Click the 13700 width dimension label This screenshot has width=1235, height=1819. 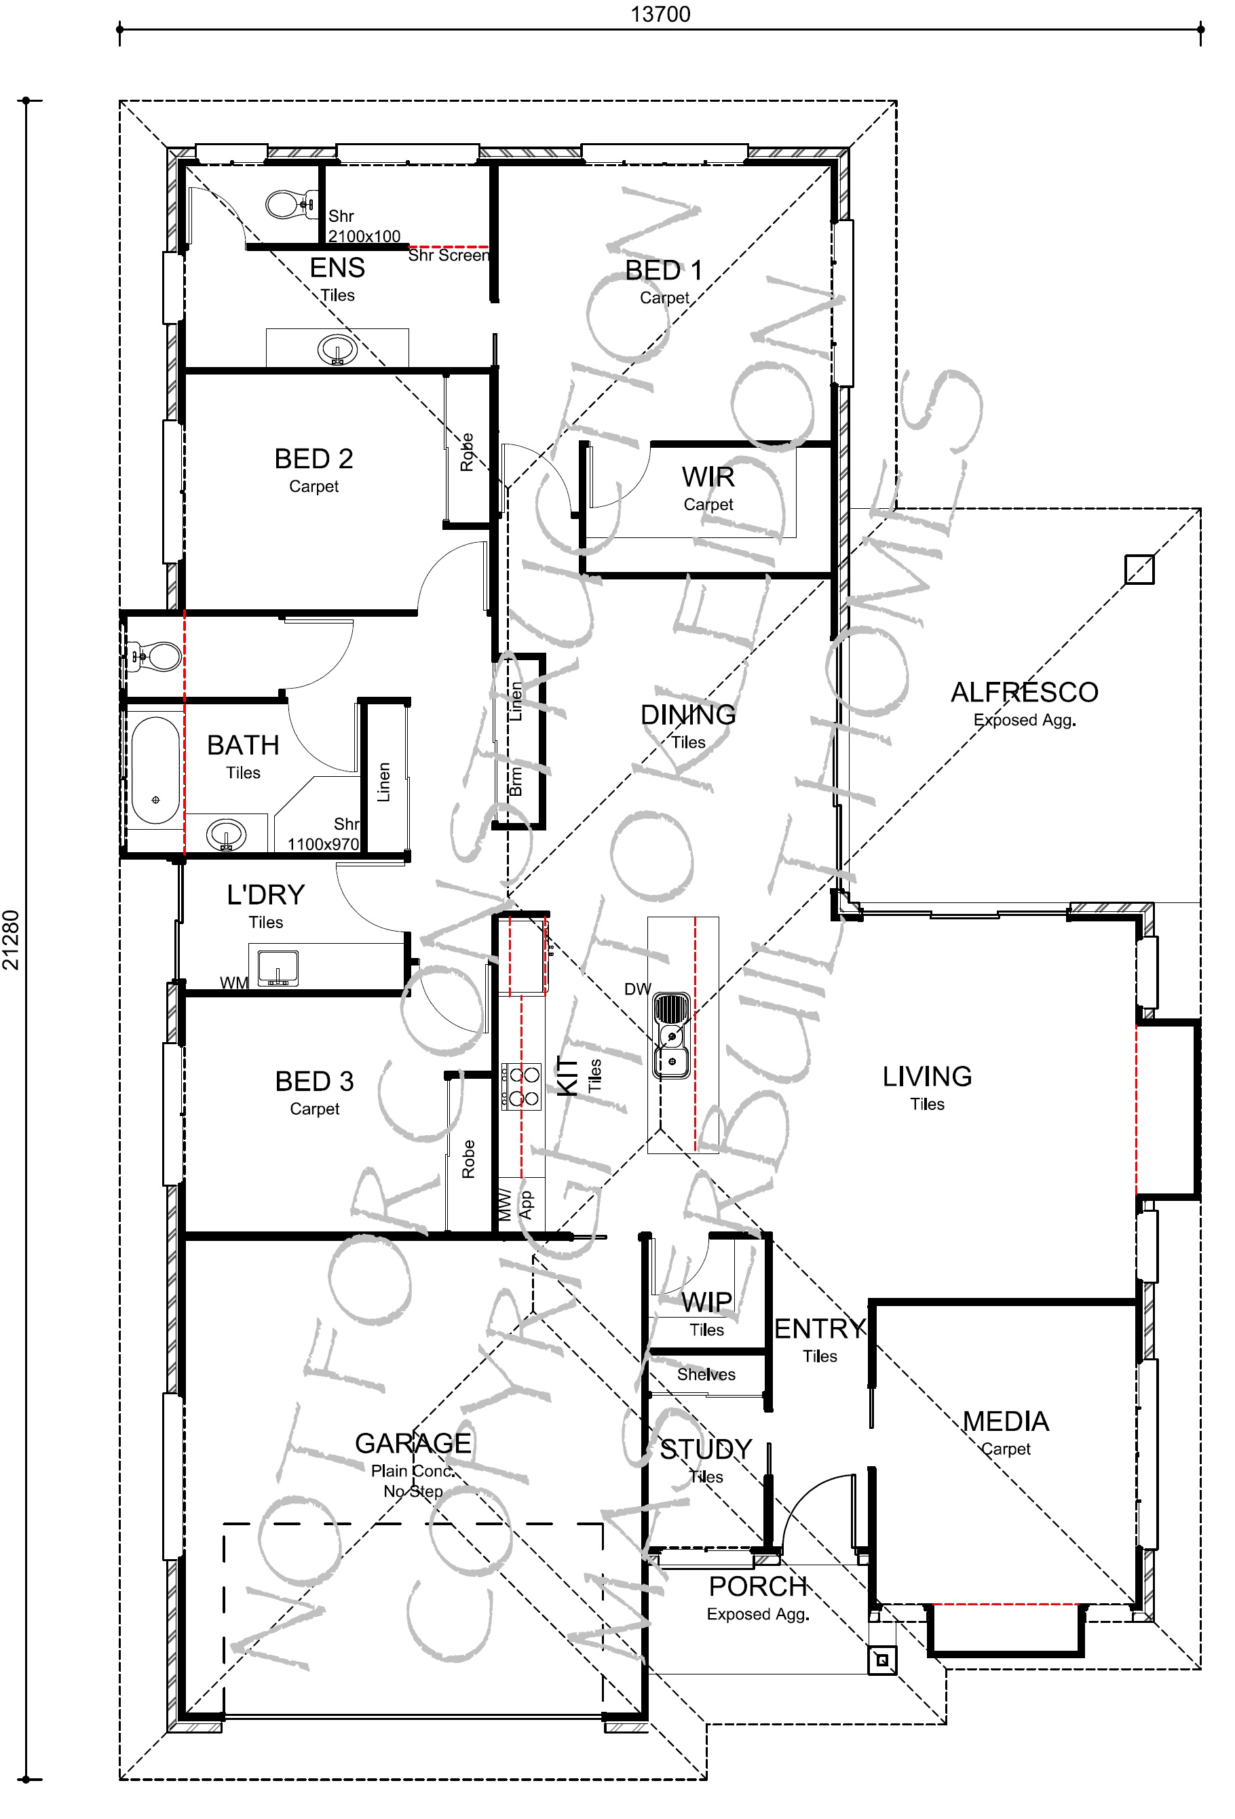(660, 14)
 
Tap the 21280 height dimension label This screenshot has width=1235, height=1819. (11, 940)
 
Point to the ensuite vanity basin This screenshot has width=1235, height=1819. (337, 349)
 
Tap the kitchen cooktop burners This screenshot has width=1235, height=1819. (522, 1086)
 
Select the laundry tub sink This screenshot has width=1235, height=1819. (278, 968)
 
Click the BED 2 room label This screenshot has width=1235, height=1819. (313, 459)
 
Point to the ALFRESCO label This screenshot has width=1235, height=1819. (1025, 692)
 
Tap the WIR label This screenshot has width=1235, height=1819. (708, 477)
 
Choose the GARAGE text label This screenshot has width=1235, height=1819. (413, 1442)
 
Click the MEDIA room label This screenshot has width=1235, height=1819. (1006, 1421)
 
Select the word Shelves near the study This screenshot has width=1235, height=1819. (706, 1375)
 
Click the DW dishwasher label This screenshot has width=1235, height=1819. (637, 989)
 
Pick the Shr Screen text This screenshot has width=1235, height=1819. (449, 255)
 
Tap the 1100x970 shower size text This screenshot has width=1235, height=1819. (323, 844)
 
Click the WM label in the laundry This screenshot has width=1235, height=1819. (233, 982)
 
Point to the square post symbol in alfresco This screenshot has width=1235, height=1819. (1139, 569)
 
